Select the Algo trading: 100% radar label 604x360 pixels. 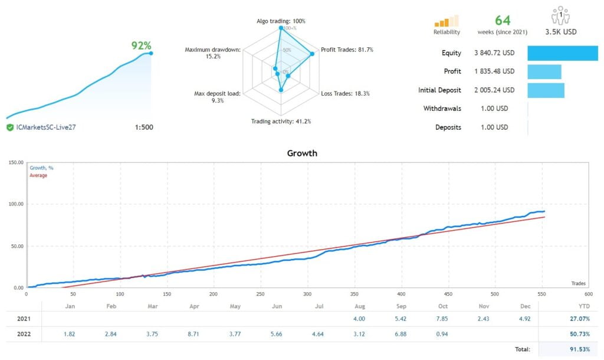(281, 21)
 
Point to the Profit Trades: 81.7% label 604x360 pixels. (346, 50)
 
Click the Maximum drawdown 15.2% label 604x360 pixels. (212, 53)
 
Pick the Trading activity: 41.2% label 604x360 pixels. (281, 122)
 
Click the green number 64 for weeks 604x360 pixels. (503, 20)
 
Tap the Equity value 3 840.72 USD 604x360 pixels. (494, 53)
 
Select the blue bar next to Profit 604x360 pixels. (544, 71)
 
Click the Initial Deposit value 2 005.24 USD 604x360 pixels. (494, 90)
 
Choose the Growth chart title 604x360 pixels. (302, 153)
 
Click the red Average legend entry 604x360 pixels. (38, 175)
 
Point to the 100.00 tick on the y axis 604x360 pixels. (14, 204)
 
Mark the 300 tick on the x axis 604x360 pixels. (307, 293)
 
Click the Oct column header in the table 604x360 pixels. (443, 306)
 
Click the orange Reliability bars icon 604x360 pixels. (447, 21)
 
